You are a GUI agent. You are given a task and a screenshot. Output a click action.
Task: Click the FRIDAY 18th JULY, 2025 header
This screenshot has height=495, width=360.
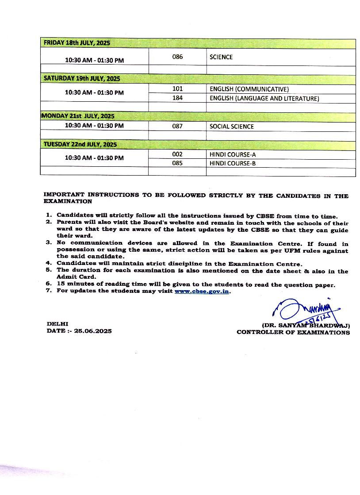77,43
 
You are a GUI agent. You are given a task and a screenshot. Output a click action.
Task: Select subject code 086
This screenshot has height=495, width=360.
177,57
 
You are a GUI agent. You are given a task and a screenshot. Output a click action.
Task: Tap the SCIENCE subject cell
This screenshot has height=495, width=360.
221,57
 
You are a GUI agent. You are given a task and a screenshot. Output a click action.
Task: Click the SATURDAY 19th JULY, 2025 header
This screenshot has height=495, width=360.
82,79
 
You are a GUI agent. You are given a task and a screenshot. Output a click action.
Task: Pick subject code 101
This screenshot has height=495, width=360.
177,89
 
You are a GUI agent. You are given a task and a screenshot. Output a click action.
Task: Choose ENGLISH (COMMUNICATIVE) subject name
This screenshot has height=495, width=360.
249,89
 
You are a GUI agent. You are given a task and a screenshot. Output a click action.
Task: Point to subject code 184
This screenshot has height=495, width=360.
177,98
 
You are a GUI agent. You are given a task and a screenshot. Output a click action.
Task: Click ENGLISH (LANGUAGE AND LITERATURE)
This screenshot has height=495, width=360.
264,99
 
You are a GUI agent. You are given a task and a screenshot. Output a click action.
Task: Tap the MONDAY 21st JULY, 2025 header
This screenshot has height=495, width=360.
78,116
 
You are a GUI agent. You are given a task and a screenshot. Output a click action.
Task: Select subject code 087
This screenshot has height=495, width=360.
177,126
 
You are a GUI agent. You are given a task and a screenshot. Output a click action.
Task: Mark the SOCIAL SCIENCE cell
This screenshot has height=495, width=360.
232,127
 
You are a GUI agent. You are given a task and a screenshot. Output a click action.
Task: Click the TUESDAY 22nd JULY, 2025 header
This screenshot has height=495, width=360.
80,145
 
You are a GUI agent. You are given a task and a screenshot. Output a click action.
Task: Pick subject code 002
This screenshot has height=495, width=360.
177,154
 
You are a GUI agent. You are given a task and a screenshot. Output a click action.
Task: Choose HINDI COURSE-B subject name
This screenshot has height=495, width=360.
233,163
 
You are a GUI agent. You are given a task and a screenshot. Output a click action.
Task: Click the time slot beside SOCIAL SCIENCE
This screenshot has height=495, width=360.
94,126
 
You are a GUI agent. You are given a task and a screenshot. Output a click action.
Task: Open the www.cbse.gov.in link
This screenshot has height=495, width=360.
202,292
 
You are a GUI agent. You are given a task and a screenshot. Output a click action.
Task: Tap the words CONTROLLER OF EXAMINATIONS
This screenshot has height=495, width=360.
293,332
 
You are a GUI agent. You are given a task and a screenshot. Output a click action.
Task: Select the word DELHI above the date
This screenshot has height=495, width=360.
57,324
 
